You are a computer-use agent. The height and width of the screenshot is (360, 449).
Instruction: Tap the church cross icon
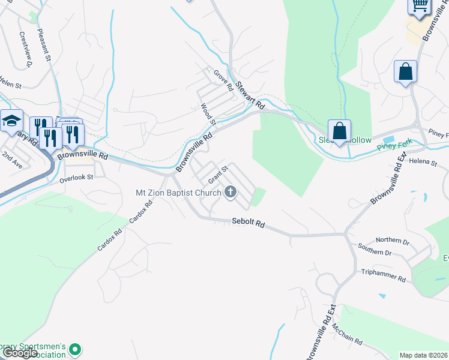click(230, 193)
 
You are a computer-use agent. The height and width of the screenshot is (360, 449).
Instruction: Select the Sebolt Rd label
click(249, 223)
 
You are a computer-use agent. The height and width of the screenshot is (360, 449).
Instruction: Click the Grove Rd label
click(224, 80)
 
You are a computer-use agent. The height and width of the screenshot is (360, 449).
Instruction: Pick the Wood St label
click(208, 114)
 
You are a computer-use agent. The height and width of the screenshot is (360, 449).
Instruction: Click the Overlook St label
click(77, 178)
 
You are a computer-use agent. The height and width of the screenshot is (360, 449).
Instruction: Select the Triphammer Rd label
click(384, 276)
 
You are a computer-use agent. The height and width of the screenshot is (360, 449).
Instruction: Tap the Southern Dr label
click(375, 249)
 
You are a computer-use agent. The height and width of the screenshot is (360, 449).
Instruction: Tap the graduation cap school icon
click(11, 121)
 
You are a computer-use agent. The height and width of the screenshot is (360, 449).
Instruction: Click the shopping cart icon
click(420, 5)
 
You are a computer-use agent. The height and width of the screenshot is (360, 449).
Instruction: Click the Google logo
click(20, 353)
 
